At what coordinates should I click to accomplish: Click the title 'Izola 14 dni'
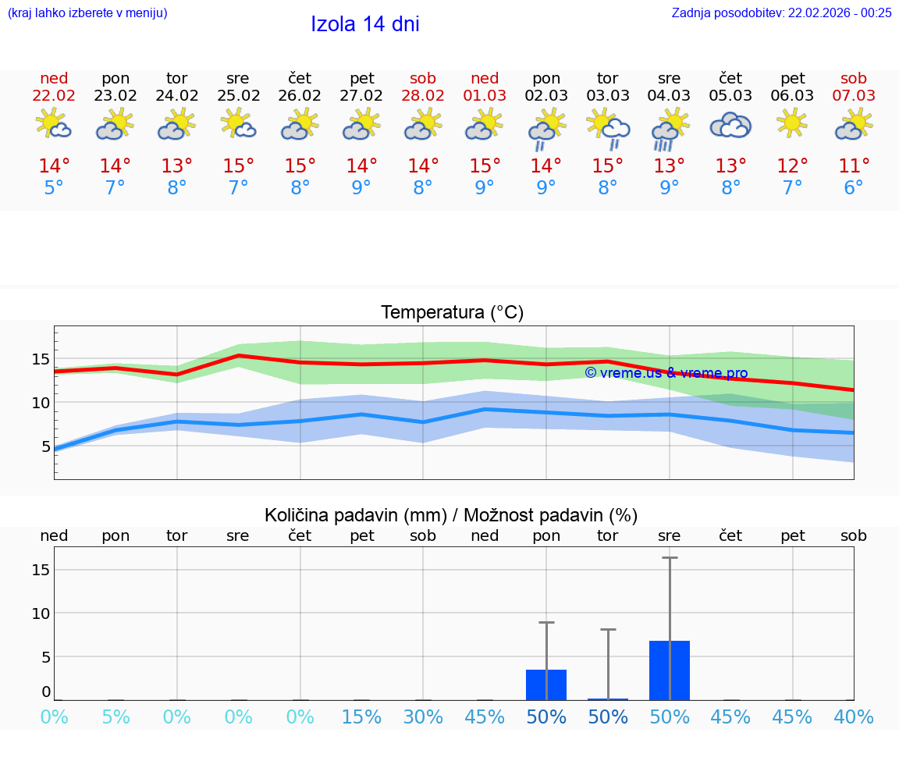(x=364, y=24)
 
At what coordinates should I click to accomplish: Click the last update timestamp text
(x=781, y=12)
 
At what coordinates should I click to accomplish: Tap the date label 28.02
(x=423, y=95)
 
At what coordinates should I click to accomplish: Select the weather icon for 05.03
(x=730, y=125)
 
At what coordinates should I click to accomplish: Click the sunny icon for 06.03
(x=792, y=123)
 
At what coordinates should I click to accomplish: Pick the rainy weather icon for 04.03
(x=669, y=129)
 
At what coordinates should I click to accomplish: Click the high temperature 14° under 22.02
(x=54, y=166)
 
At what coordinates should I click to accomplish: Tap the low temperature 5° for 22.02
(x=54, y=188)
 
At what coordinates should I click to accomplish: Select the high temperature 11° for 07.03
(x=854, y=166)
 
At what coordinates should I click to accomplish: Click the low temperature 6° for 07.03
(x=854, y=188)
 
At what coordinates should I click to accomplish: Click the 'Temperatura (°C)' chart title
(x=452, y=313)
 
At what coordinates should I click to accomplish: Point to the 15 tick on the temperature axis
(x=41, y=359)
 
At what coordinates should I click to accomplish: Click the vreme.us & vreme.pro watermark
(x=666, y=373)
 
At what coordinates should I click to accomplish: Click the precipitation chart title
(x=451, y=515)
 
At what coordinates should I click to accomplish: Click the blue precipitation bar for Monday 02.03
(x=546, y=685)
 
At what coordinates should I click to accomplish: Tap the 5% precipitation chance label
(x=115, y=717)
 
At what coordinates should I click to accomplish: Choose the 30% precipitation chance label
(x=423, y=717)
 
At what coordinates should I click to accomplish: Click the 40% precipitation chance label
(x=854, y=717)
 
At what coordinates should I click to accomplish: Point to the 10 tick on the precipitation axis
(x=41, y=613)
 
